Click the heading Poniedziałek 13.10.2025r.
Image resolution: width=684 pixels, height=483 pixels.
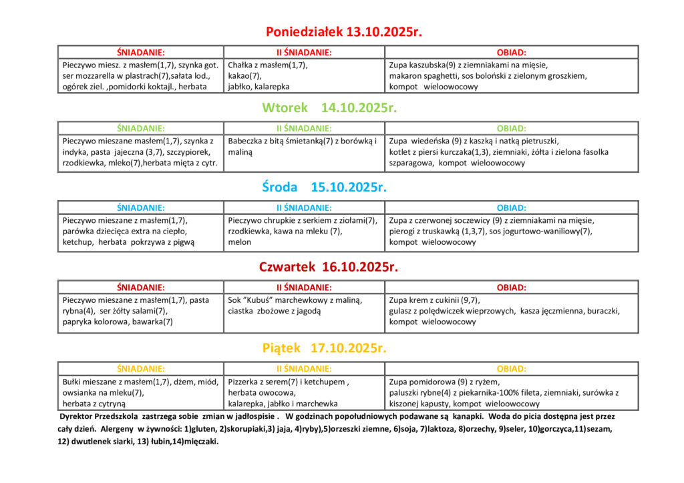pos(344,31)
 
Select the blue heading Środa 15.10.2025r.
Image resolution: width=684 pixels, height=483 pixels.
pos(325,187)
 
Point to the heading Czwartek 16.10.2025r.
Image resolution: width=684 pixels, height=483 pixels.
pos(329,267)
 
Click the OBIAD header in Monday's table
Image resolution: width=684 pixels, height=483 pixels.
pos(511,52)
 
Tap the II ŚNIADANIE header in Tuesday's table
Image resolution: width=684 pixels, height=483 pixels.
pos(304,128)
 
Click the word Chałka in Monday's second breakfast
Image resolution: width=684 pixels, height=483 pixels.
pos(240,65)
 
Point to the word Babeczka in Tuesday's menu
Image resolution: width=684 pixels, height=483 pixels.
pos(247,141)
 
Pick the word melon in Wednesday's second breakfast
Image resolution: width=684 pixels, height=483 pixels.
pos(239,242)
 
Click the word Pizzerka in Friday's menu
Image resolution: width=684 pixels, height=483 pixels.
pos(245,382)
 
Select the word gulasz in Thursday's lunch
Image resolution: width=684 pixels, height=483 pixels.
pos(403,311)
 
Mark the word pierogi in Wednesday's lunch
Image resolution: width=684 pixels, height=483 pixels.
pos(403,231)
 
